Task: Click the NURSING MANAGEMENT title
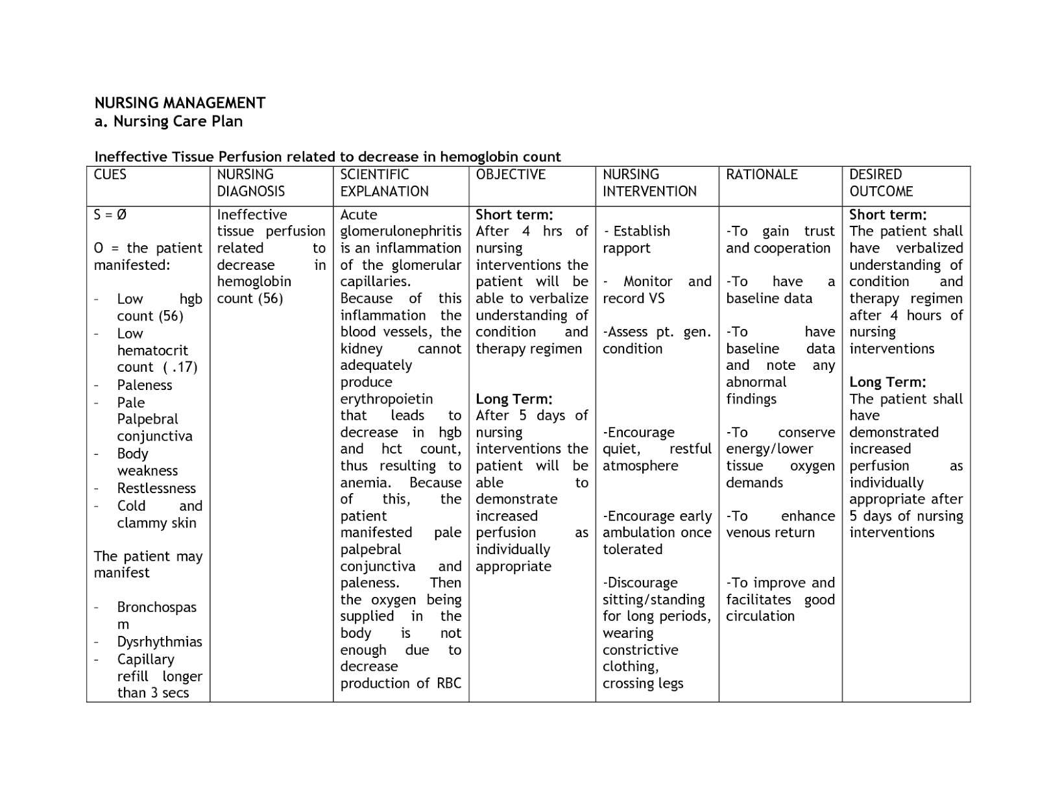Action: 180,103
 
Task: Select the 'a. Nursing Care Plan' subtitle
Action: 169,121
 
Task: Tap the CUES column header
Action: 110,175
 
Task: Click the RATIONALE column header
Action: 762,175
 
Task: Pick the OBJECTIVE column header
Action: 511,175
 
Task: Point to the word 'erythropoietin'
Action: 387,399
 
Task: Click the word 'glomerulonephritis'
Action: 401,232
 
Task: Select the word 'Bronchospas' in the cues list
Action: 156,607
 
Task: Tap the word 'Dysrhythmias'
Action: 160,642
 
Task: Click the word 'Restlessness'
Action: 156,488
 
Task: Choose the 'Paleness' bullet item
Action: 145,385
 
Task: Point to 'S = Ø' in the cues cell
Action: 110,215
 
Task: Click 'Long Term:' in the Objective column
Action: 514,399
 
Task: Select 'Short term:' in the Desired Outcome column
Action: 887,215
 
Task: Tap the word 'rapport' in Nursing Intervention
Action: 626,249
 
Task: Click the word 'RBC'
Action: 449,683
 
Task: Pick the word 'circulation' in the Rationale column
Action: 760,616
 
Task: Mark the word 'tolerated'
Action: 633,550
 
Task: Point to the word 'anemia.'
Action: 366,483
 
